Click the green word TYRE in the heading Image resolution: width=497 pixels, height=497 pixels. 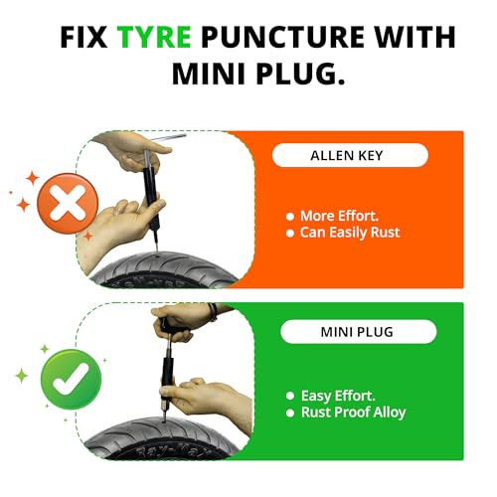point(154,37)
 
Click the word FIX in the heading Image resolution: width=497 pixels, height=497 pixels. point(83,37)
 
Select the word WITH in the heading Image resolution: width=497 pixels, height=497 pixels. point(414,37)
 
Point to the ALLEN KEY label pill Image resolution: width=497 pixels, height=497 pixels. point(350,155)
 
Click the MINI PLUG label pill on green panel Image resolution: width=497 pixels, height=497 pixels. point(359,332)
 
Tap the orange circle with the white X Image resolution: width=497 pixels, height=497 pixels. point(68,203)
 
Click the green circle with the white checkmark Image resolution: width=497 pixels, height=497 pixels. point(71,380)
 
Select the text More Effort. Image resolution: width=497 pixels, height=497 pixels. point(339,216)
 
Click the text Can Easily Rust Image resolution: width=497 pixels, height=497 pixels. point(350,233)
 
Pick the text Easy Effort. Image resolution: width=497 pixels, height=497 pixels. point(338,396)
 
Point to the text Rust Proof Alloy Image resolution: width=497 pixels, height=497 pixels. point(353,413)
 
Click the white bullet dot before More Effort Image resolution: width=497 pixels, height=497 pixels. point(290,217)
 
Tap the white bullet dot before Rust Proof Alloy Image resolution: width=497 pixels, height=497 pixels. point(290,413)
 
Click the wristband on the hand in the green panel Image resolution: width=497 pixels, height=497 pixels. point(213,312)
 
